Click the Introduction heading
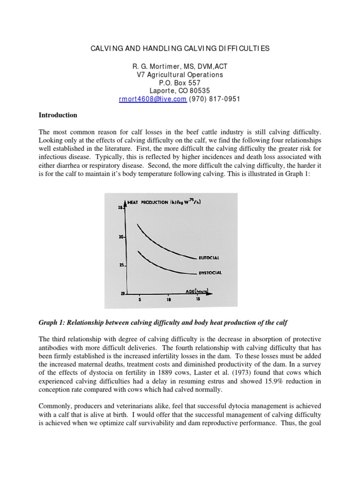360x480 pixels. coord(58,115)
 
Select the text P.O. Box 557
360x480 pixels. coord(180,83)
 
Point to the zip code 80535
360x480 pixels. coord(200,91)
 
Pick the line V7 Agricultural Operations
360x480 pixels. coord(180,75)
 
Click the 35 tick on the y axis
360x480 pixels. coord(120,208)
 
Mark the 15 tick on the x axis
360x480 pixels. coord(198,299)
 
